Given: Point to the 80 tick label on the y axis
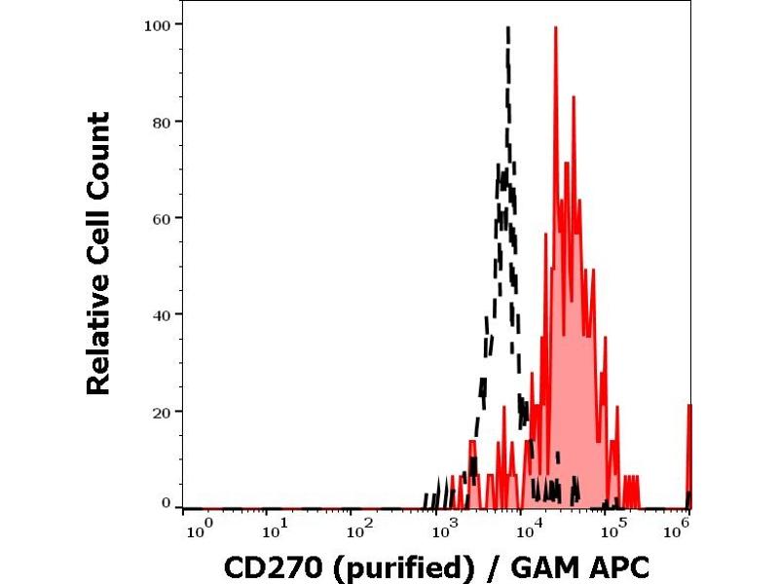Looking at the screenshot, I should [x=162, y=122].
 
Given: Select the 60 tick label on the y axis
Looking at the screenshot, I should [x=162, y=218].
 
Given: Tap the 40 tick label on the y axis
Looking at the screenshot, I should [x=162, y=315].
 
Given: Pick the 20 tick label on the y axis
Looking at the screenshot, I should [x=162, y=412].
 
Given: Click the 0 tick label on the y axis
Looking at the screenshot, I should [x=167, y=503].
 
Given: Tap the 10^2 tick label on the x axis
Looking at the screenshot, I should [x=360, y=529].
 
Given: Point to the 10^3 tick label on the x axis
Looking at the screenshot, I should [x=444, y=529].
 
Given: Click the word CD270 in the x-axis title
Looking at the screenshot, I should [x=260, y=566].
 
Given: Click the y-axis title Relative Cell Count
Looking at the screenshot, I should [x=98, y=253].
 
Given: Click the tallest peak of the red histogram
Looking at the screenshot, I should [x=555, y=27].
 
